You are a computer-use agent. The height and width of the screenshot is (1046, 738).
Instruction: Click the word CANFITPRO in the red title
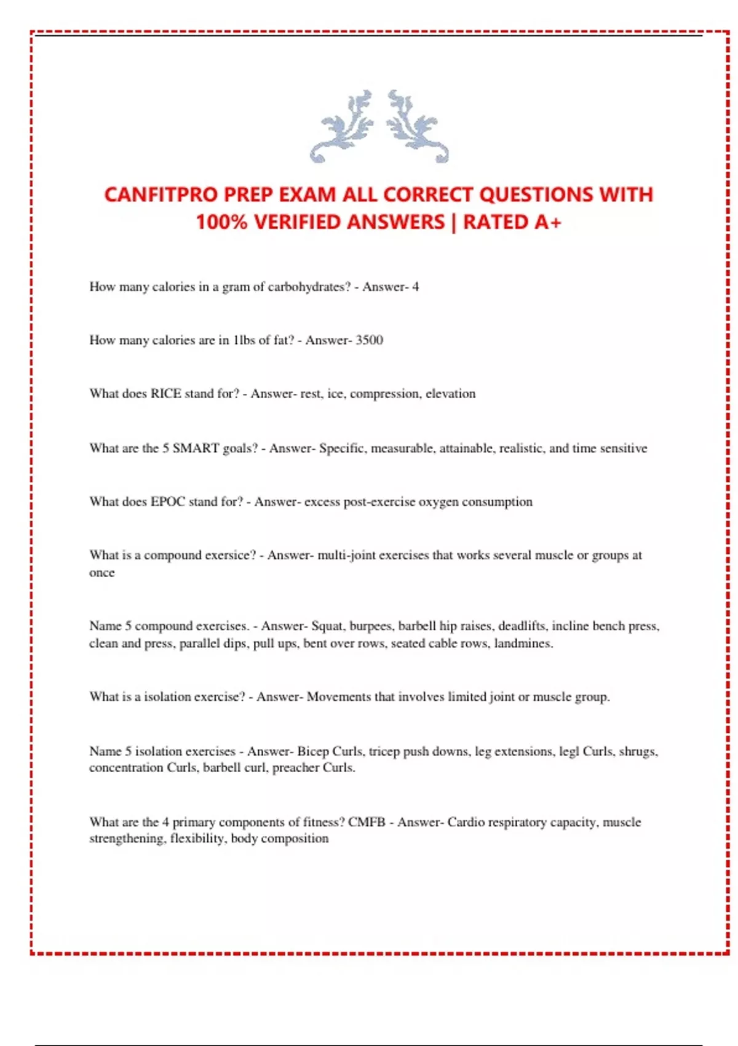click(161, 194)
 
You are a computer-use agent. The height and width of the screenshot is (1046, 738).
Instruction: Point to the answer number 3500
click(369, 340)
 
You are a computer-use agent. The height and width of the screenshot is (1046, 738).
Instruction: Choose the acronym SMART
click(196, 448)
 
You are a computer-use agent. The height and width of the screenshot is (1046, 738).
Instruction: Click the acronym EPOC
click(168, 501)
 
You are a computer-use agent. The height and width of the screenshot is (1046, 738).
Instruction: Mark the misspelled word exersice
click(229, 555)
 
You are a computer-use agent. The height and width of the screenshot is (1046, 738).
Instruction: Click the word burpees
click(370, 626)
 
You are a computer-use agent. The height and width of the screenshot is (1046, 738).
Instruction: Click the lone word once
click(102, 573)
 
